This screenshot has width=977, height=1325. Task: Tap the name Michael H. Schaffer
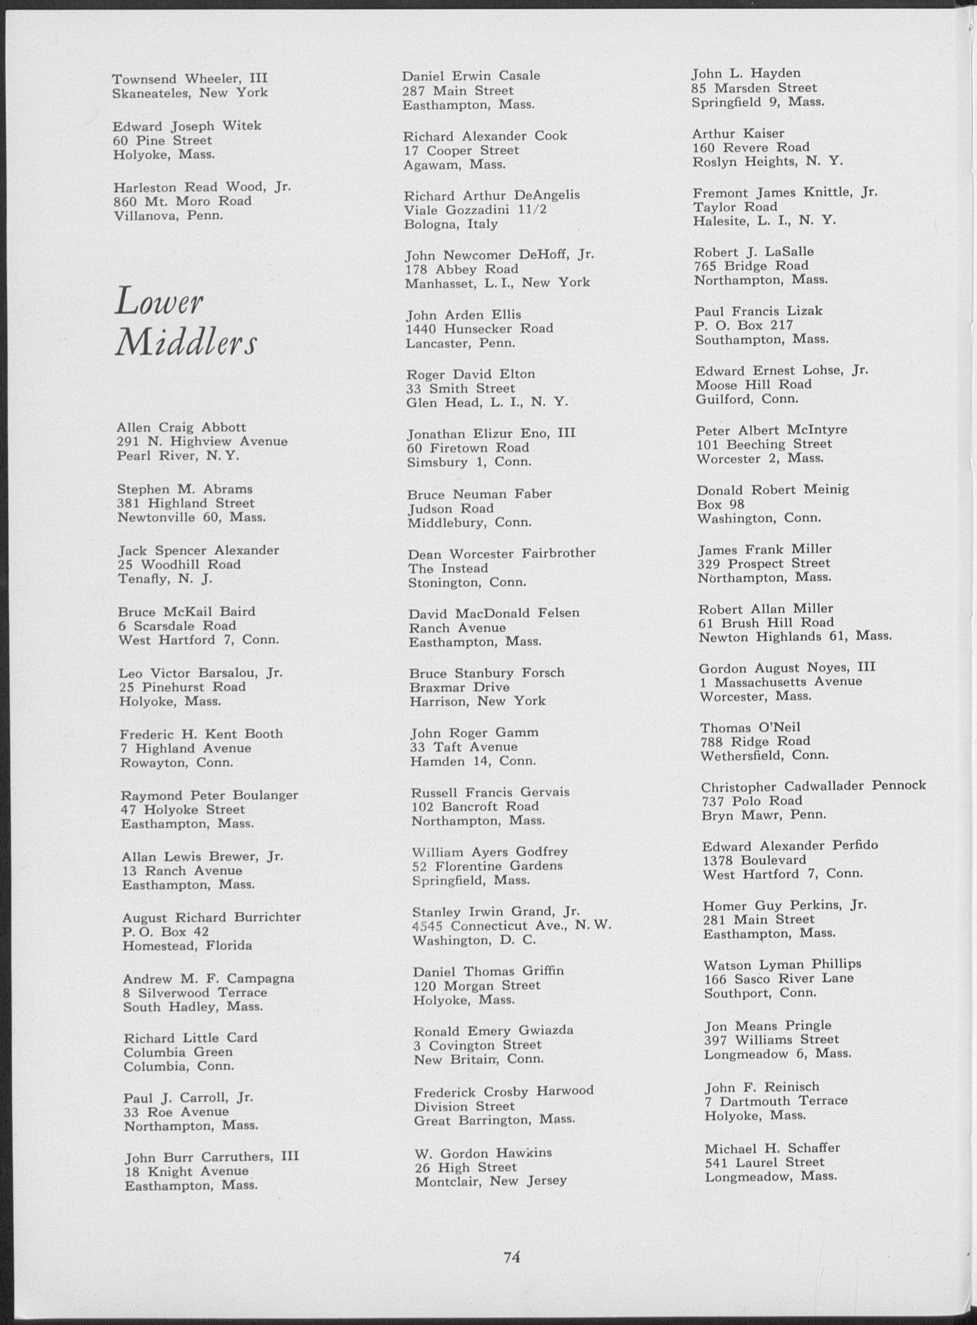[772, 1148]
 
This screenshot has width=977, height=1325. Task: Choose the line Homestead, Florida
[187, 946]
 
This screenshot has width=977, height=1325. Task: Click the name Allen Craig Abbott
[181, 427]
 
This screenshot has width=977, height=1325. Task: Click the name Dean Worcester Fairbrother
[501, 554]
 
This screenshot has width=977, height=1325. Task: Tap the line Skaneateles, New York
[190, 93]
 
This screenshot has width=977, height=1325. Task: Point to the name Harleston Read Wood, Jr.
[202, 187]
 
